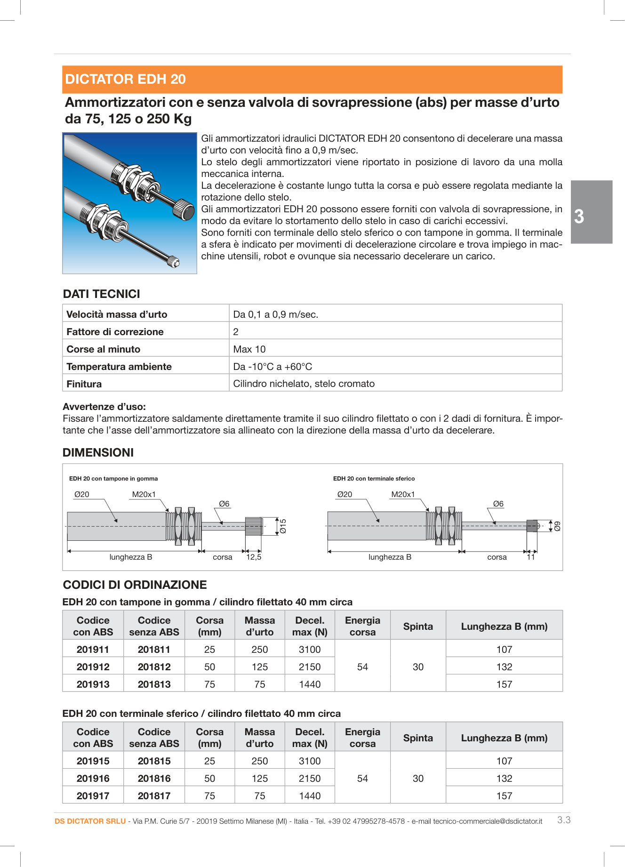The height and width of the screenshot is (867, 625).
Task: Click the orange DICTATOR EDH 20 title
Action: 125,79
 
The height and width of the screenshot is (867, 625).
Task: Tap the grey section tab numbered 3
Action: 591,212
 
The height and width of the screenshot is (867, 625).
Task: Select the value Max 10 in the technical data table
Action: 249,349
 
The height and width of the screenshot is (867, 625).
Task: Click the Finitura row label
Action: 84,384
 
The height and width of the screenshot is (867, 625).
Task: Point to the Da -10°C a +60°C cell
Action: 272,367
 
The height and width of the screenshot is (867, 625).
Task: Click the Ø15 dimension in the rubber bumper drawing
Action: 283,526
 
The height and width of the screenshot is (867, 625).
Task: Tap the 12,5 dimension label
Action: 254,557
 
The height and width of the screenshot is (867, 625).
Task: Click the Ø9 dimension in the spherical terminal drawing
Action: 557,526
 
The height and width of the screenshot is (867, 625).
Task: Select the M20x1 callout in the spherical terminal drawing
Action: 403,495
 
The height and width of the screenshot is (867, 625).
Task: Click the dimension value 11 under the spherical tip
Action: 530,557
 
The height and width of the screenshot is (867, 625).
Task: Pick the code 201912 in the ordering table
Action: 93,667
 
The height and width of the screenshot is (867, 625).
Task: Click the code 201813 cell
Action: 154,684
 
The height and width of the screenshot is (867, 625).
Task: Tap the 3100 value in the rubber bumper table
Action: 310,650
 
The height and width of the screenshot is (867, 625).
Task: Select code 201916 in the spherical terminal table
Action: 93,779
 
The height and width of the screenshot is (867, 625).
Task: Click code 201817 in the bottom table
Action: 154,796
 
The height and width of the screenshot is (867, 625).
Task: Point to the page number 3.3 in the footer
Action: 563,820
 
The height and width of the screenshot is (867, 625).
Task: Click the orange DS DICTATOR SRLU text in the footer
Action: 90,821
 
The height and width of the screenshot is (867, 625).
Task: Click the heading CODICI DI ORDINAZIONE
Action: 135,585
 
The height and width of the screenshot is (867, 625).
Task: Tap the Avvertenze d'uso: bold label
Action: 104,407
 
